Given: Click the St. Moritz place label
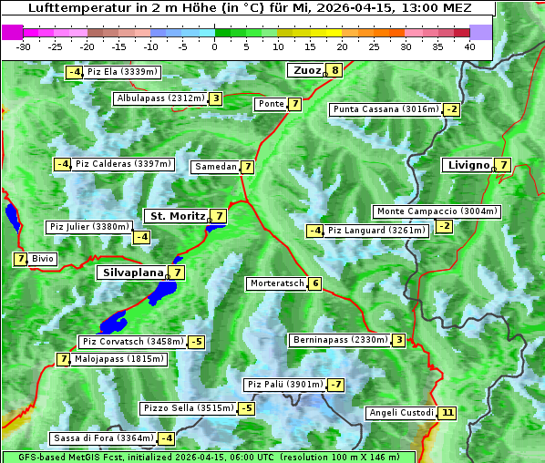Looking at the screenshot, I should click(177, 216).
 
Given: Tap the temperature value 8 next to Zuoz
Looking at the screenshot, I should click(335, 70).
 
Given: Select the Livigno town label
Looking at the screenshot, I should click(468, 165).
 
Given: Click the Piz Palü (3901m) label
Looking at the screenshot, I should click(283, 385).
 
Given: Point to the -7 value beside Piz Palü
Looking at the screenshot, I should click(335, 385).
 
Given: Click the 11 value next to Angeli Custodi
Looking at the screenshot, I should click(447, 413).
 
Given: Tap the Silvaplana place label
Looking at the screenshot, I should click(133, 272).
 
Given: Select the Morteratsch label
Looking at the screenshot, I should click(277, 283).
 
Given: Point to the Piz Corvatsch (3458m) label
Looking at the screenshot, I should click(132, 342).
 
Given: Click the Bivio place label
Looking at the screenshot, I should click(43, 259).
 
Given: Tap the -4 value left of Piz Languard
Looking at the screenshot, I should click(314, 231).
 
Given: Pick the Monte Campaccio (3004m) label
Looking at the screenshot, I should click(437, 211).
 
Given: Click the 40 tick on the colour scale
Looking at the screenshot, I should click(469, 46).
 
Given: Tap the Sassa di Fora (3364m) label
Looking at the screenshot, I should click(102, 438).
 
